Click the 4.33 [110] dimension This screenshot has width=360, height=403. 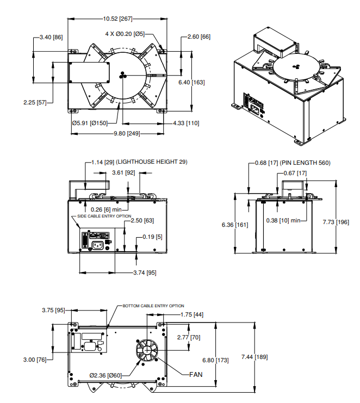pos(185,123)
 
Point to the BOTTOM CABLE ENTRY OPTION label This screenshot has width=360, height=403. pos(153,306)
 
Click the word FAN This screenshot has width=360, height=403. pos(196,374)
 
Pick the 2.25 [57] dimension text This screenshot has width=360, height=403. pos(35,102)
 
